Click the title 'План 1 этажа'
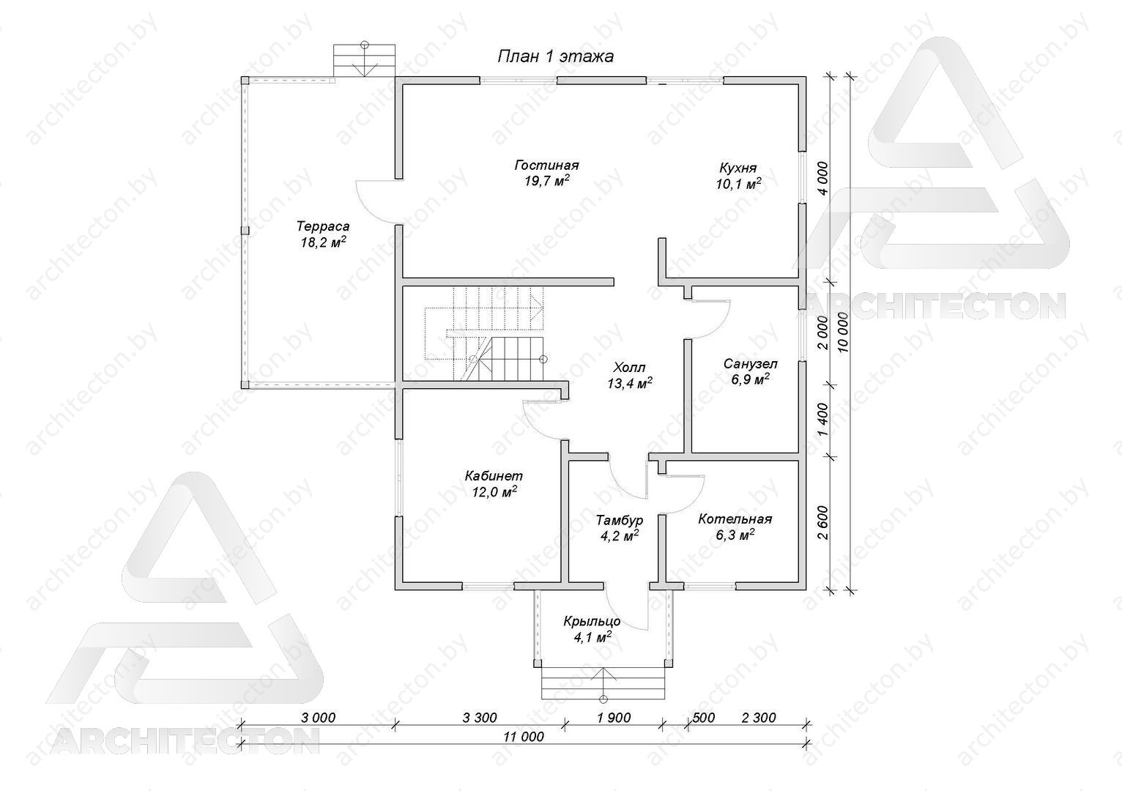pos(555,56)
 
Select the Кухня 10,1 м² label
pos(738,175)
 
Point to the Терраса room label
pos(323,234)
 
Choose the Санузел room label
pos(751,371)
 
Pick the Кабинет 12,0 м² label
pos(494,483)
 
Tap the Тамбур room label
pos(620,527)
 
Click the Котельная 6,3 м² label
pos(735,527)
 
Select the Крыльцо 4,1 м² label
pos(592,628)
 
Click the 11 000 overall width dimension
pos(524,736)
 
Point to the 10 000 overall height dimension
pos(843,333)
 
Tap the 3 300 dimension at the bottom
pos(480,717)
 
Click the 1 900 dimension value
pos(614,717)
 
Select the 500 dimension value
pos(704,717)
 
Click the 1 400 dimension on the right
pos(821,420)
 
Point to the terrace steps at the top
pos(365,61)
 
